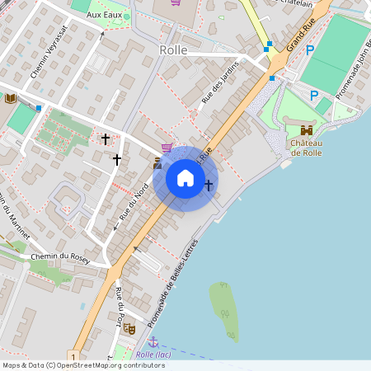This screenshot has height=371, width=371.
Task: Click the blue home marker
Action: pos(185,178)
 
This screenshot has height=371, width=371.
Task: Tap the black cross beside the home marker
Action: pos(209,185)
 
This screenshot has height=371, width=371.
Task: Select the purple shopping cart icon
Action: pos(167,148)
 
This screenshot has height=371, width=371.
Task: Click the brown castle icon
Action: pos(307,129)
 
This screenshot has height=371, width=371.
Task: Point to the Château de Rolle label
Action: pos(305,148)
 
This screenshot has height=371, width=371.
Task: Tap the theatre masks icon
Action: pos(129,328)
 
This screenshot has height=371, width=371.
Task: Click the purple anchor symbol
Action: pos(153,341)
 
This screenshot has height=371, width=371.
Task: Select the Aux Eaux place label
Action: pos(104,16)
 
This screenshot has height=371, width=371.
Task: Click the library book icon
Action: pos(10,98)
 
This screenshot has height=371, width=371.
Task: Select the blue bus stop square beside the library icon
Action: pos(38,107)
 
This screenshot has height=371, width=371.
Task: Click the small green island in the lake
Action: pos(223,310)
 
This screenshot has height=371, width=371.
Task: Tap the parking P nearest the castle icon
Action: pos(314,96)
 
